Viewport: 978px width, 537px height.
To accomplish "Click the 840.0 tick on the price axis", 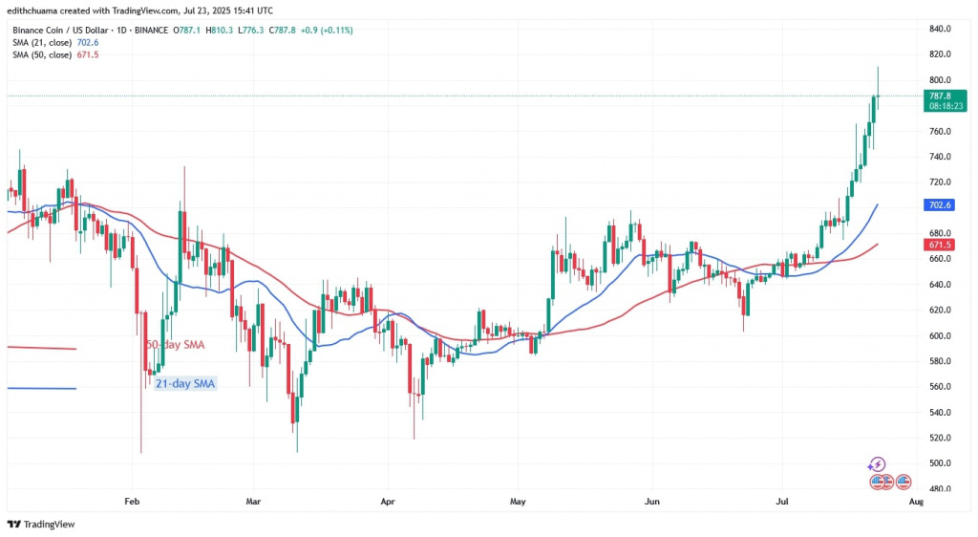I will tap(941, 29).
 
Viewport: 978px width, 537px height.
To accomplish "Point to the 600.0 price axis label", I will tap(941, 335).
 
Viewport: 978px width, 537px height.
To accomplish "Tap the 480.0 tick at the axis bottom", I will tap(941, 489).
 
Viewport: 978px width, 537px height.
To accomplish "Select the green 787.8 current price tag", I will tap(942, 96).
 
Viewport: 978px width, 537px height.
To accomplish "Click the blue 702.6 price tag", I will tap(941, 204).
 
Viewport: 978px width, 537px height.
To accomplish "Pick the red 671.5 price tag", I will tap(941, 246).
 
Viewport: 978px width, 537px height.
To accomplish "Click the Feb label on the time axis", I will tap(132, 501).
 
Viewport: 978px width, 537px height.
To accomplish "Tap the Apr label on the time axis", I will tap(388, 501).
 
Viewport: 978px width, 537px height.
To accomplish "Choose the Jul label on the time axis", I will tap(781, 501).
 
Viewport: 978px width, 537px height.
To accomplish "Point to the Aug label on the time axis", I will tap(916, 501).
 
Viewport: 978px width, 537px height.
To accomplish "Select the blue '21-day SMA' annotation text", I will tap(181, 383).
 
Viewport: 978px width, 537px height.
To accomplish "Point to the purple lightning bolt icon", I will tap(877, 464).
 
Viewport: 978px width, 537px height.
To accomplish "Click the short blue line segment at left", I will tap(41, 388).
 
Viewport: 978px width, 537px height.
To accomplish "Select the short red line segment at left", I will tap(41, 348).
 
